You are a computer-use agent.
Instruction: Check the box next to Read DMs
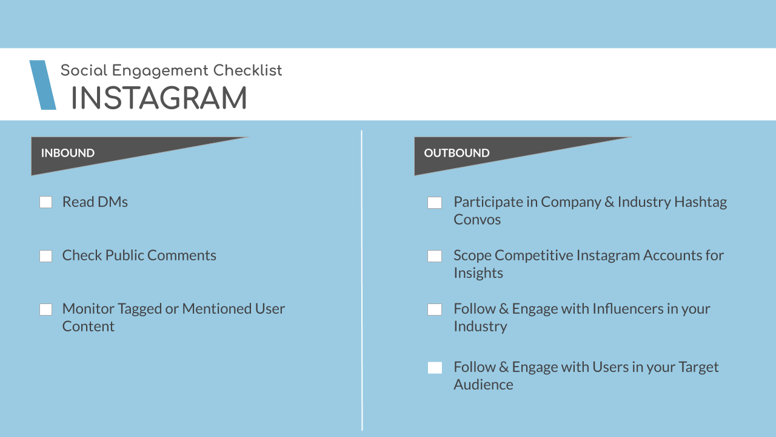(x=45, y=202)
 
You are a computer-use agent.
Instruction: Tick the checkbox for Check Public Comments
(x=45, y=256)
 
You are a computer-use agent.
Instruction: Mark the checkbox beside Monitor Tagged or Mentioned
(x=45, y=310)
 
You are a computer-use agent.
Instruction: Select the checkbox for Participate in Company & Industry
(x=435, y=203)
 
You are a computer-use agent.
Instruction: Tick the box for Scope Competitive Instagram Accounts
(x=435, y=256)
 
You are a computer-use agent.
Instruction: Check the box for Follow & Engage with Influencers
(x=435, y=310)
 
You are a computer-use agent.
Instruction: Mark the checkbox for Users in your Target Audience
(x=435, y=368)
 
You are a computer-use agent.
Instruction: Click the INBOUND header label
(x=68, y=153)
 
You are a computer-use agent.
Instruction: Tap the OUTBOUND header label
(x=457, y=153)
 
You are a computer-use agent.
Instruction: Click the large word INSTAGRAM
(x=159, y=98)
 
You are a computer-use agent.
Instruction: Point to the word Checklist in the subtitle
(x=247, y=70)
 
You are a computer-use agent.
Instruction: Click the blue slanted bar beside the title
(x=42, y=85)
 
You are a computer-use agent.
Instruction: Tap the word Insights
(x=478, y=273)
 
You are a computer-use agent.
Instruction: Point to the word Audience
(x=484, y=385)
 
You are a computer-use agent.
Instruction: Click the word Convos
(x=477, y=220)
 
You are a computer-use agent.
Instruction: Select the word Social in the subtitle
(x=84, y=70)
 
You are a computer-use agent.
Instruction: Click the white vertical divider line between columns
(x=362, y=280)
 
